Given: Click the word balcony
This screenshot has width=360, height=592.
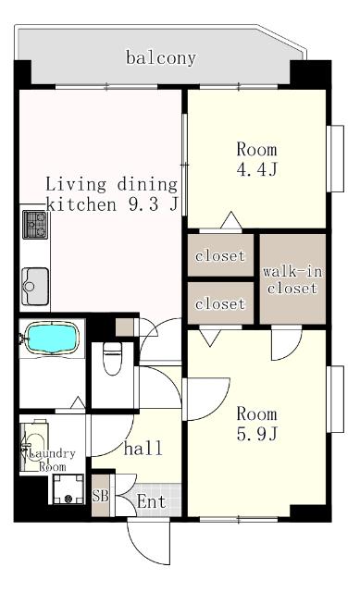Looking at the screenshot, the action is point(161,58).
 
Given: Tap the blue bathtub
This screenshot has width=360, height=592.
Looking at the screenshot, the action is point(52,339).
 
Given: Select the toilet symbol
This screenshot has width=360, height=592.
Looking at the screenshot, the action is point(112,359).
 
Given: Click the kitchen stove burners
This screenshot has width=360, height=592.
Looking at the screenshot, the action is point(35,225).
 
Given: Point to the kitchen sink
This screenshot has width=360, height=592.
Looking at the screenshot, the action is point(35,286).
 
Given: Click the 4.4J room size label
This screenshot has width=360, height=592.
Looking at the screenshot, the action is point(257,169).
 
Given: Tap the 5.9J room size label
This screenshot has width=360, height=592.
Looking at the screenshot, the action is point(257,434).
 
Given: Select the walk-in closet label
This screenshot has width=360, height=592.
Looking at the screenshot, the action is point(292,279).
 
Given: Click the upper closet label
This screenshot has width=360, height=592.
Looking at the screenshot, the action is point(220,256).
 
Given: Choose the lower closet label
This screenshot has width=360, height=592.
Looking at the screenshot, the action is point(220,303).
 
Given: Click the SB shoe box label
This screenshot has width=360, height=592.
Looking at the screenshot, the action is point(101,496).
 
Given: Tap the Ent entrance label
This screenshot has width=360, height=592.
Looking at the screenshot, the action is point(151,501).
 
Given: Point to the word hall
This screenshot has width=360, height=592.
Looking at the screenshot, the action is point(143,448).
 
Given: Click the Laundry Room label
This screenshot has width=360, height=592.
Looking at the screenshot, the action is point(52,460).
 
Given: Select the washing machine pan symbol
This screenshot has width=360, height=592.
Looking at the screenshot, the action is point(68,489).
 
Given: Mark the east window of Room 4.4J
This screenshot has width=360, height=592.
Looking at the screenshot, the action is point(335,158).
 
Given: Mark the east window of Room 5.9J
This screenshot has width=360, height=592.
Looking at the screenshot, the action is point(335,399).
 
